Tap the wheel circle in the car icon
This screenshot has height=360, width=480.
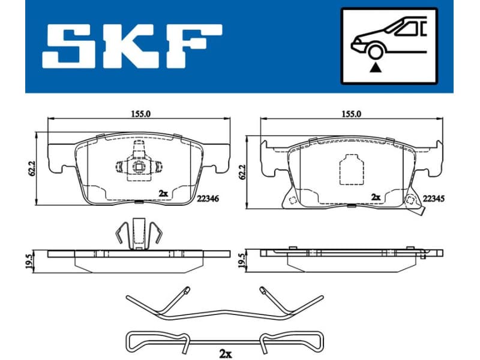tap(375, 52)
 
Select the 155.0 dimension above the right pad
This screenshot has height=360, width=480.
tap(350, 112)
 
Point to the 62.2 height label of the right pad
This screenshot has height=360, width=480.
tap(242, 172)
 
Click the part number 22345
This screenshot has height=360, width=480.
tap(433, 197)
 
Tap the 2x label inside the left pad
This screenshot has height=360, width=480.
tap(163, 193)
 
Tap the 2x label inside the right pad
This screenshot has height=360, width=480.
tap(376, 196)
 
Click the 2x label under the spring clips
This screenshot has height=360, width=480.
tap(225, 353)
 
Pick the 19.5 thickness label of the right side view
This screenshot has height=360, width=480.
tap(242, 260)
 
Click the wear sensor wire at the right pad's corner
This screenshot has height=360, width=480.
tap(421, 211)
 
